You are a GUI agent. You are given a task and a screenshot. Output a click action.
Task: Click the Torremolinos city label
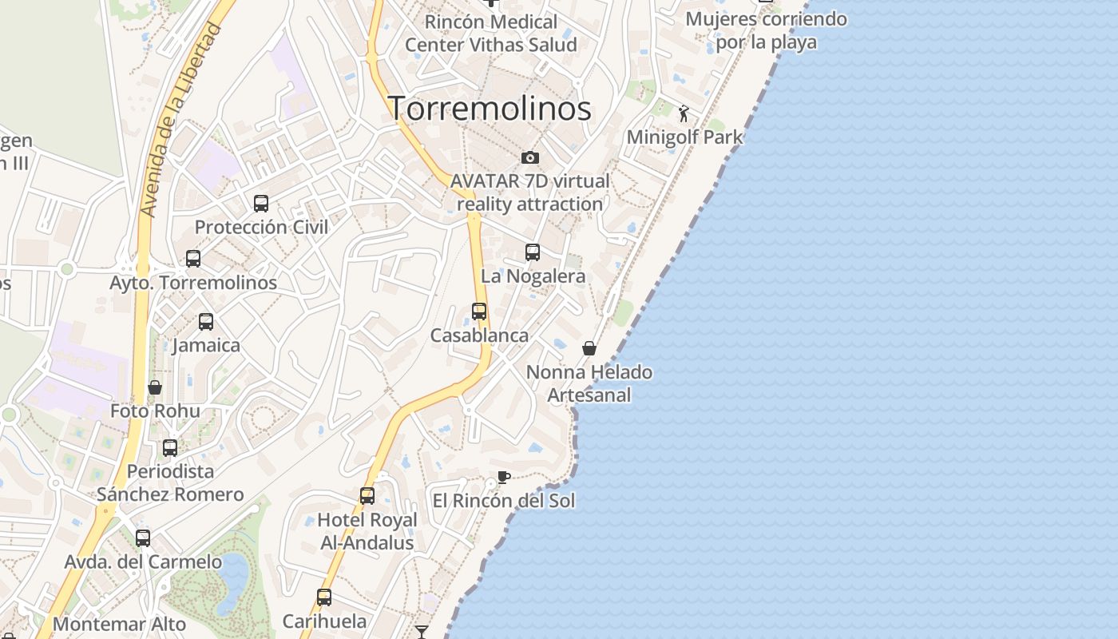[490, 109]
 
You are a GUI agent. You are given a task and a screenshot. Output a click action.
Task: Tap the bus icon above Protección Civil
[261, 204]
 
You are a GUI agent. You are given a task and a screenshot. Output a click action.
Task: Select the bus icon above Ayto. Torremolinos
[193, 259]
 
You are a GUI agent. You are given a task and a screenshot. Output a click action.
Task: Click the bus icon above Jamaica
[206, 322]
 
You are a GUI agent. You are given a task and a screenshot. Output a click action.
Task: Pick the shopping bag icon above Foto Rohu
[155, 387]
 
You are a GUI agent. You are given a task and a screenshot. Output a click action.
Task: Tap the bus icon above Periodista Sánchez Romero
[170, 448]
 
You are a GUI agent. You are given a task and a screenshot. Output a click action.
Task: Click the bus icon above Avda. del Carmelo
[143, 538]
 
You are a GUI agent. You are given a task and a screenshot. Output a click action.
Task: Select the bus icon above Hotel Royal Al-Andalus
[367, 496]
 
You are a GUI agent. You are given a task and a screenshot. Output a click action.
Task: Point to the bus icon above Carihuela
[324, 597]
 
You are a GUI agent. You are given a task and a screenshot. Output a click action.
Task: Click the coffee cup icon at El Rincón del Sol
[503, 478]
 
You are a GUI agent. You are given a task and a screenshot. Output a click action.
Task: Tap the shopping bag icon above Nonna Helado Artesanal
[589, 348]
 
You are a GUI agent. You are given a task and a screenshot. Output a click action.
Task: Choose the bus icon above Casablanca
[479, 312]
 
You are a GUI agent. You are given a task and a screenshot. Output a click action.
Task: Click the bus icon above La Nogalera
[533, 252]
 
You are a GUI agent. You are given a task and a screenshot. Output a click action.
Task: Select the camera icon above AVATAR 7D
[529, 158]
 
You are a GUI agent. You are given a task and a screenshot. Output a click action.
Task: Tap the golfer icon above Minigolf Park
[684, 113]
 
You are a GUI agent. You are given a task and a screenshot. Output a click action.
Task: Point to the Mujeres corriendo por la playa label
[766, 30]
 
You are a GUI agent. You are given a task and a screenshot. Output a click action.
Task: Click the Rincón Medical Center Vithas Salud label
[490, 33]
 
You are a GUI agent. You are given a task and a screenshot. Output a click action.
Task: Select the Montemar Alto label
[120, 625]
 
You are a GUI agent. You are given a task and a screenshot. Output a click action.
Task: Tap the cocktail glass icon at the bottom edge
[422, 632]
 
